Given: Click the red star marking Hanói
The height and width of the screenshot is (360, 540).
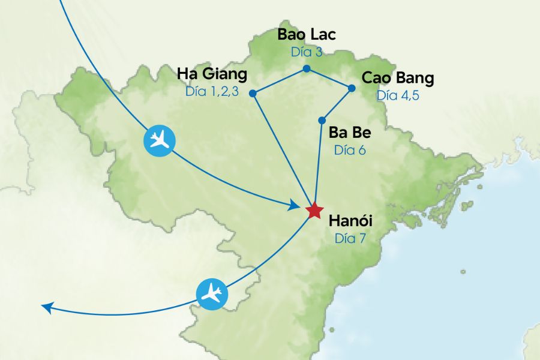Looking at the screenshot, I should coord(314,211).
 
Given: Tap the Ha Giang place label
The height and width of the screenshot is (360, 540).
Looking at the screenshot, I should coord(212,74).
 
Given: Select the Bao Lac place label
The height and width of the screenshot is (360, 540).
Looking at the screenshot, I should coord(306,34).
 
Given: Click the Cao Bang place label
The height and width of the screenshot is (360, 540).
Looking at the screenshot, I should coord(398,79).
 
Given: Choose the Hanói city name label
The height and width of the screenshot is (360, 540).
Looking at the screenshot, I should coord(350,220).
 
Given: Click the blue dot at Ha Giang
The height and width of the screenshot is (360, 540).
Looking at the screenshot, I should coord(253,93).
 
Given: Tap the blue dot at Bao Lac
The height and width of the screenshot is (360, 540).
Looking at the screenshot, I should coord(306,69).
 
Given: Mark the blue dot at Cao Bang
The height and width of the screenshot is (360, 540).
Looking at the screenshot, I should coord(352,88).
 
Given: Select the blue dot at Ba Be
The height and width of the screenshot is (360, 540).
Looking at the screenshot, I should coord(322,120).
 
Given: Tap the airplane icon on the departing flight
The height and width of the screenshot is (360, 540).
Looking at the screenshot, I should coord(212,294).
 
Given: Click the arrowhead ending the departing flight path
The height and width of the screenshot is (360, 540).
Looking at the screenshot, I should coord(46,307).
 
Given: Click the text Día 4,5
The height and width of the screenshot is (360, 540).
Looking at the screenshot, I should coord(398,96).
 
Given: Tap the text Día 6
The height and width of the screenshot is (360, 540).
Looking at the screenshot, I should coord(349,150).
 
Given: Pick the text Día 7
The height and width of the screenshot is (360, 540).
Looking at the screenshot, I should coord(350,238).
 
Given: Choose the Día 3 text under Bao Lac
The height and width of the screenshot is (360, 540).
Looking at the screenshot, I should coord(307,52).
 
